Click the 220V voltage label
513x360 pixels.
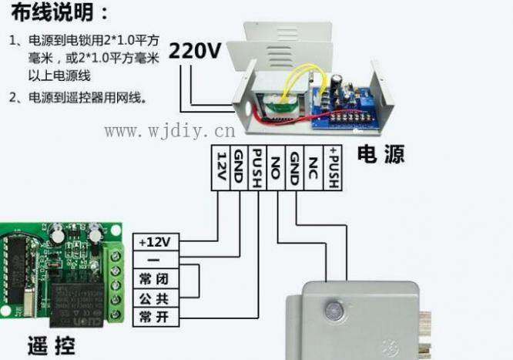(196, 51)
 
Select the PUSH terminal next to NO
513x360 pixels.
(257, 167)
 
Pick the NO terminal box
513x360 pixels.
(276, 167)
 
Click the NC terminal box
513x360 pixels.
(313, 167)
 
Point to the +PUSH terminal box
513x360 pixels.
(333, 167)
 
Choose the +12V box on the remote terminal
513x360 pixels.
(157, 242)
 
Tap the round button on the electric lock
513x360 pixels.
(334, 311)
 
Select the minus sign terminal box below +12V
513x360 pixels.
(157, 261)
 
